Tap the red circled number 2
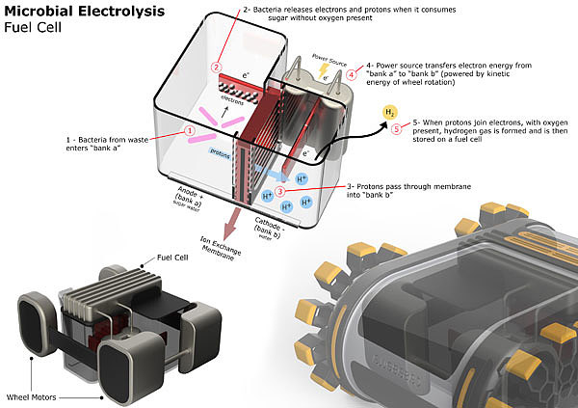[217, 66]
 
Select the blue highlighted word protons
[220, 152]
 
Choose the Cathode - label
[269, 228]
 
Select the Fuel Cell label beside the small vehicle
[158, 259]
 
